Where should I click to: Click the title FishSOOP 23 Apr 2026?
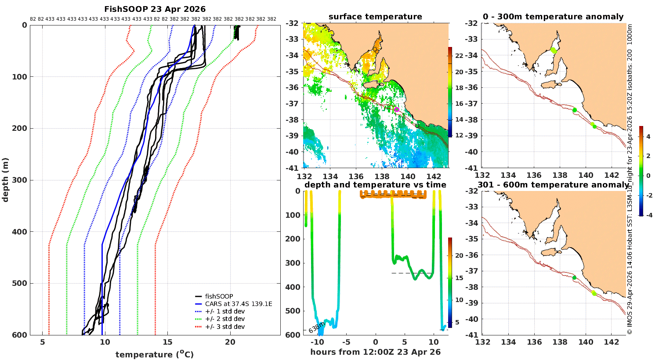(x=155, y=9)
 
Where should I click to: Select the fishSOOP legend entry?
(x=219, y=296)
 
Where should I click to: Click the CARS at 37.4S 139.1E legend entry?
(x=239, y=304)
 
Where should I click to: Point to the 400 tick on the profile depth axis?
(x=19, y=232)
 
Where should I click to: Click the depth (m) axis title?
(x=5, y=180)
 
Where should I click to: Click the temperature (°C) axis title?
(x=154, y=354)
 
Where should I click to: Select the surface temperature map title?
(x=375, y=17)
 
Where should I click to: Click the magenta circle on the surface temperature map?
(x=396, y=110)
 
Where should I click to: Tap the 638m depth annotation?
(x=316, y=327)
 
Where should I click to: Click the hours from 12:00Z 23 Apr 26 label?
(x=375, y=352)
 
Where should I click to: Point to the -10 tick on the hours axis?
(x=317, y=342)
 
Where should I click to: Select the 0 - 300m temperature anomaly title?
(x=553, y=17)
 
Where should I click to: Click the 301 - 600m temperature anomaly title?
(x=553, y=185)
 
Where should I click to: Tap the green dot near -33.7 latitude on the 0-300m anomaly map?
(x=554, y=50)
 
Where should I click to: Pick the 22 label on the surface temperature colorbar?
(x=459, y=56)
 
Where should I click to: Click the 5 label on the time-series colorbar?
(x=457, y=322)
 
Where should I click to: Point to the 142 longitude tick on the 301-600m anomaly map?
(x=611, y=342)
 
